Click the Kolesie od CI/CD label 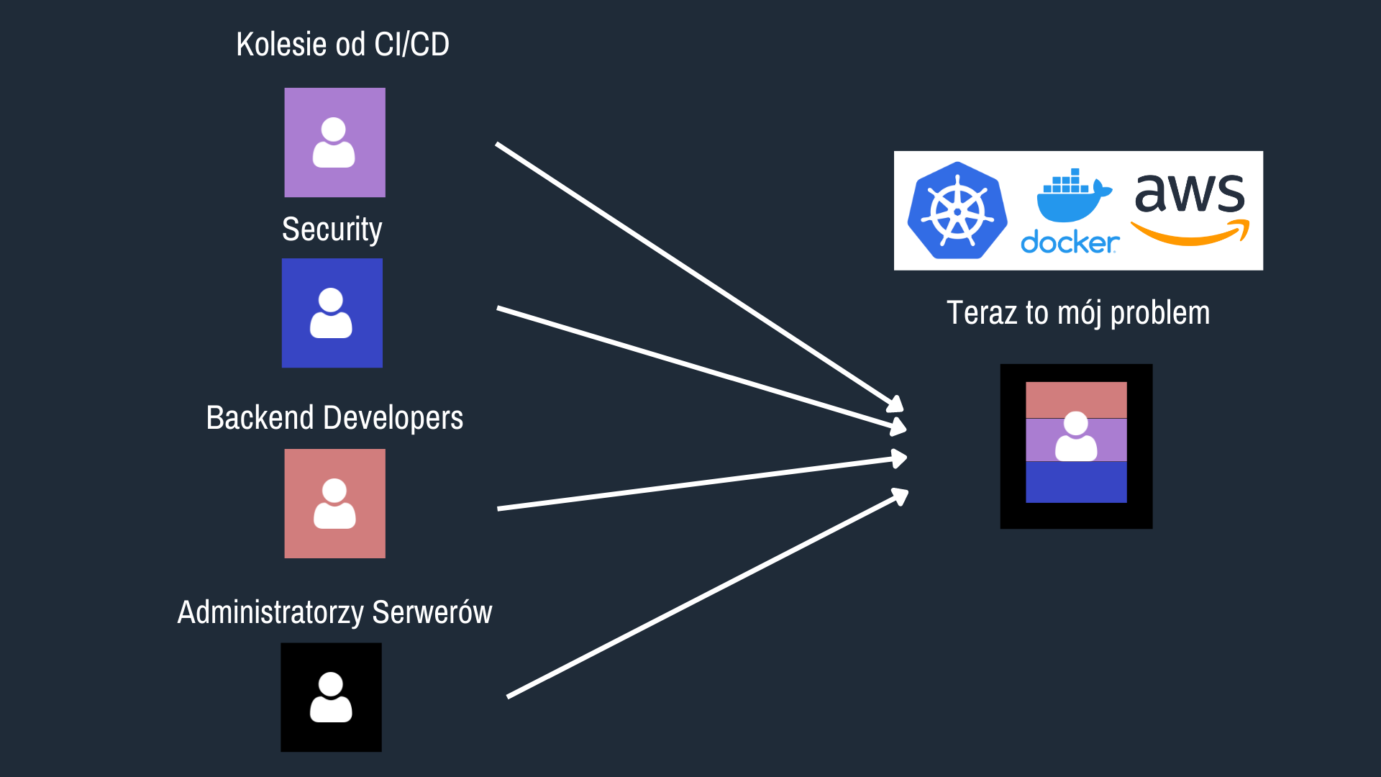[342, 45]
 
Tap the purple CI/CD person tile [334, 142]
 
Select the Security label [332, 230]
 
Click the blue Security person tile [332, 313]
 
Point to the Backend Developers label [334, 418]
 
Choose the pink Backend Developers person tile [334, 504]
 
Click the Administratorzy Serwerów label [334, 613]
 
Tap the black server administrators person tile [331, 697]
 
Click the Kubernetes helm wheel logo [957, 210]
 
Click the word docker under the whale [1070, 242]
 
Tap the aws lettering [1190, 193]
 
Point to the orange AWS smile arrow [1190, 234]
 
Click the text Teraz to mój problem [1078, 313]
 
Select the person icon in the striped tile [1076, 436]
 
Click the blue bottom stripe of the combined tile [1076, 482]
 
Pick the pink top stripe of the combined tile [1076, 400]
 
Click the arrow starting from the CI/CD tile [699, 277]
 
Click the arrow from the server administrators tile [708, 593]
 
